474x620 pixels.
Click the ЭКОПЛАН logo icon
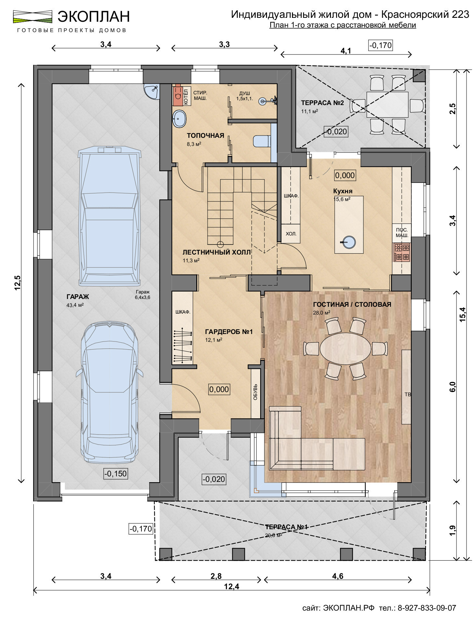coord(32,17)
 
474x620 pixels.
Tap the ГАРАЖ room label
coord(78,297)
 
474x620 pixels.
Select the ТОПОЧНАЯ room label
coord(205,136)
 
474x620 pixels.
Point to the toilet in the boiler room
coord(262,141)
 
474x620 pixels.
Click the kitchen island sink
coord(349,242)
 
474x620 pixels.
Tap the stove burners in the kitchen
coord(402,252)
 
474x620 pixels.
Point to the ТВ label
coord(408,394)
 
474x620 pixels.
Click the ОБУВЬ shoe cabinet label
coord(255,392)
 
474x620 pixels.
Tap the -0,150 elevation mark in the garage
coord(115,473)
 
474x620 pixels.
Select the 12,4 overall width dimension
coord(232,586)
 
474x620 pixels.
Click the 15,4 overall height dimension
coord(462,314)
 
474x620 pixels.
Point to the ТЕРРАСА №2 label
coord(322,103)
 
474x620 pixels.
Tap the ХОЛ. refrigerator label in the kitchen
coord(291,233)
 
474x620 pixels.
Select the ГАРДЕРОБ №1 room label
coord(229,332)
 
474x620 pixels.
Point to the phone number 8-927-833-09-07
coord(427,608)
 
